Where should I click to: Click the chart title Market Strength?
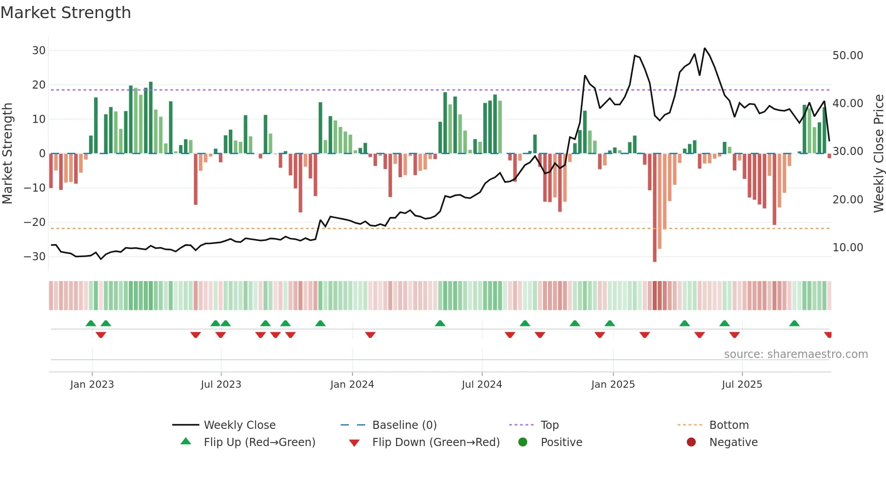click(66, 13)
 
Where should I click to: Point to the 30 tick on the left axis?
click(39, 51)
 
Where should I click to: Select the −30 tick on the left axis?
click(35, 257)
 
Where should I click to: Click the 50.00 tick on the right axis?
click(848, 56)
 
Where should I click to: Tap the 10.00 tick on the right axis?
click(848, 248)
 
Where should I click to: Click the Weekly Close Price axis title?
click(878, 154)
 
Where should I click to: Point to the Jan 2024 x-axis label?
click(352, 385)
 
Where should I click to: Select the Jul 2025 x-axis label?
click(742, 385)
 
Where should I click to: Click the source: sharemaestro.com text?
click(796, 354)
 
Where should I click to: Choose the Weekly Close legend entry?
click(239, 425)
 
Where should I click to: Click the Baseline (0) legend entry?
click(404, 425)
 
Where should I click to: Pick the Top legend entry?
click(549, 425)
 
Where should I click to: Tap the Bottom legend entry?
click(729, 425)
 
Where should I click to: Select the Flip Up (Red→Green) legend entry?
click(259, 442)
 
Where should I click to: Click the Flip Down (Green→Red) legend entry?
click(436, 442)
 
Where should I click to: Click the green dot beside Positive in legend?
click(523, 442)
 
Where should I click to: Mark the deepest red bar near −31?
click(655, 208)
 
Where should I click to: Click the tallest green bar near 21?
click(151, 117)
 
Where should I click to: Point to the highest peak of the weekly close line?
click(705, 48)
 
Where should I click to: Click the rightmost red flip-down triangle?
click(828, 335)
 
